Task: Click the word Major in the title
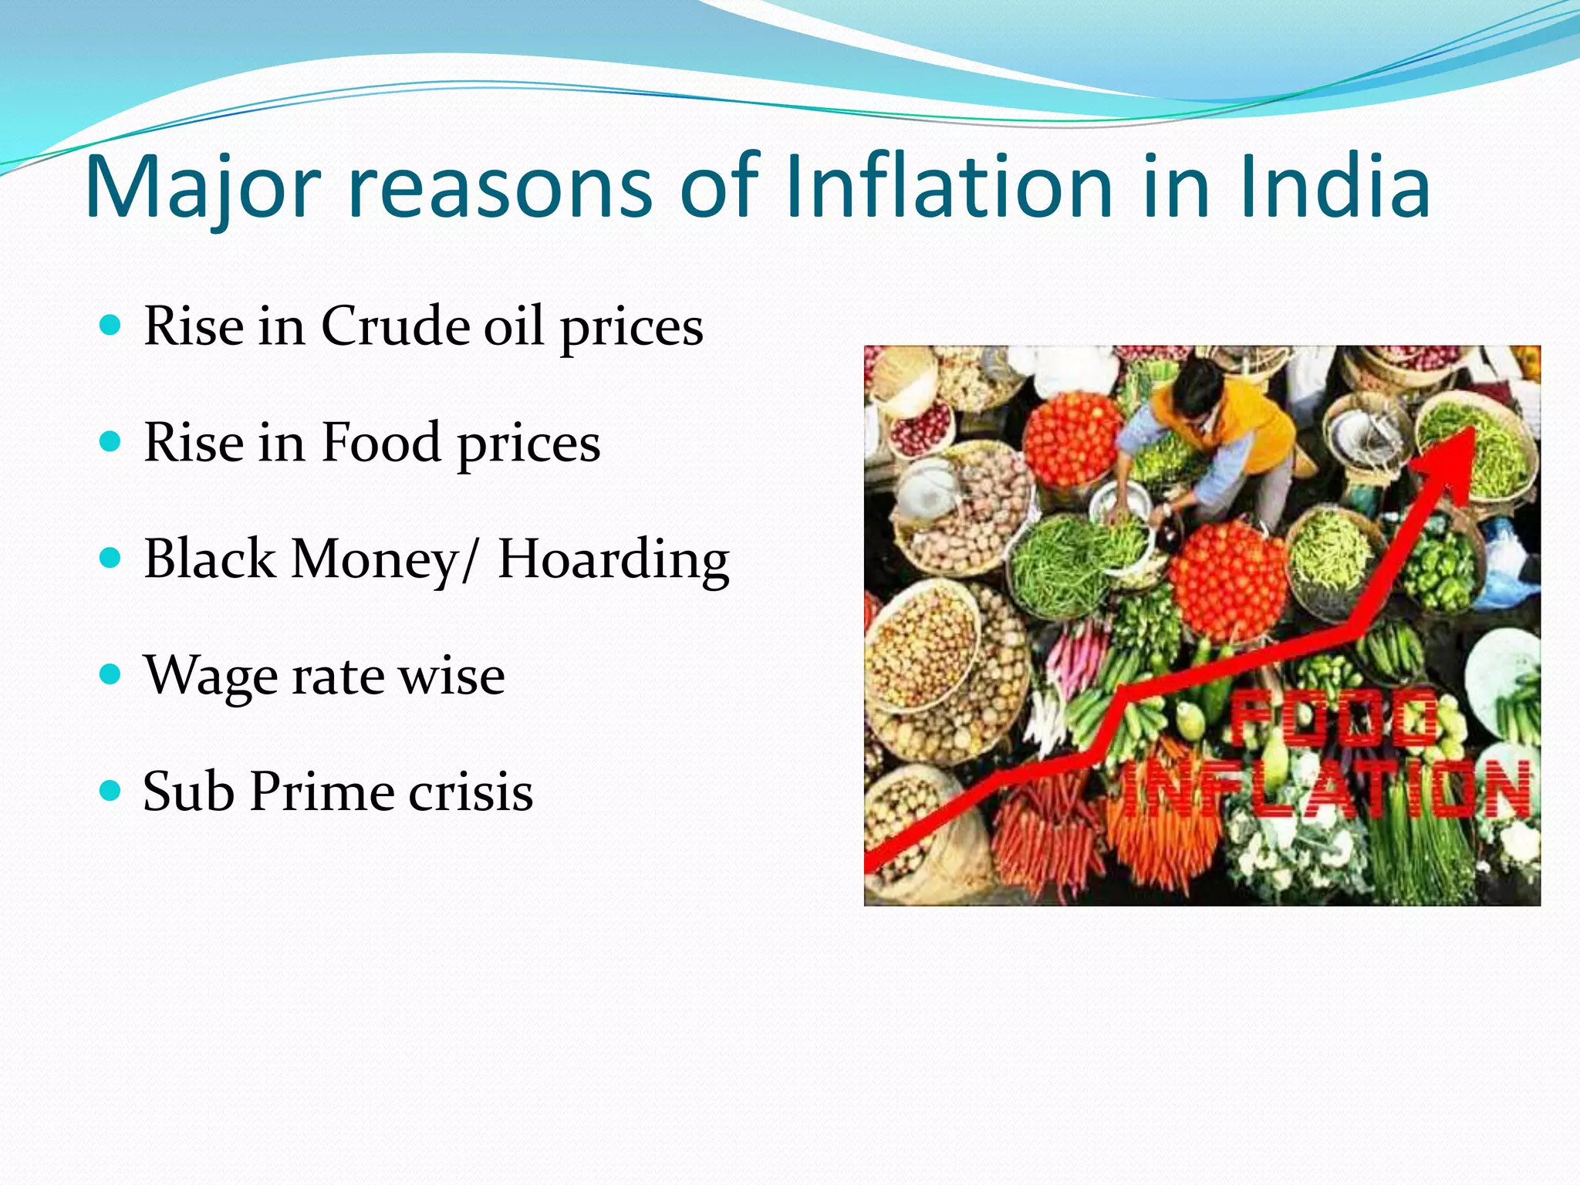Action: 202,187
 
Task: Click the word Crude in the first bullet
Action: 395,326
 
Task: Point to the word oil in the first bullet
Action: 513,326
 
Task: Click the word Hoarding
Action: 613,560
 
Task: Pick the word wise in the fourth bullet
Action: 451,676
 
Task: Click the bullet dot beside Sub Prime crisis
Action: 111,790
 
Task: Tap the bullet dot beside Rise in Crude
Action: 111,324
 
